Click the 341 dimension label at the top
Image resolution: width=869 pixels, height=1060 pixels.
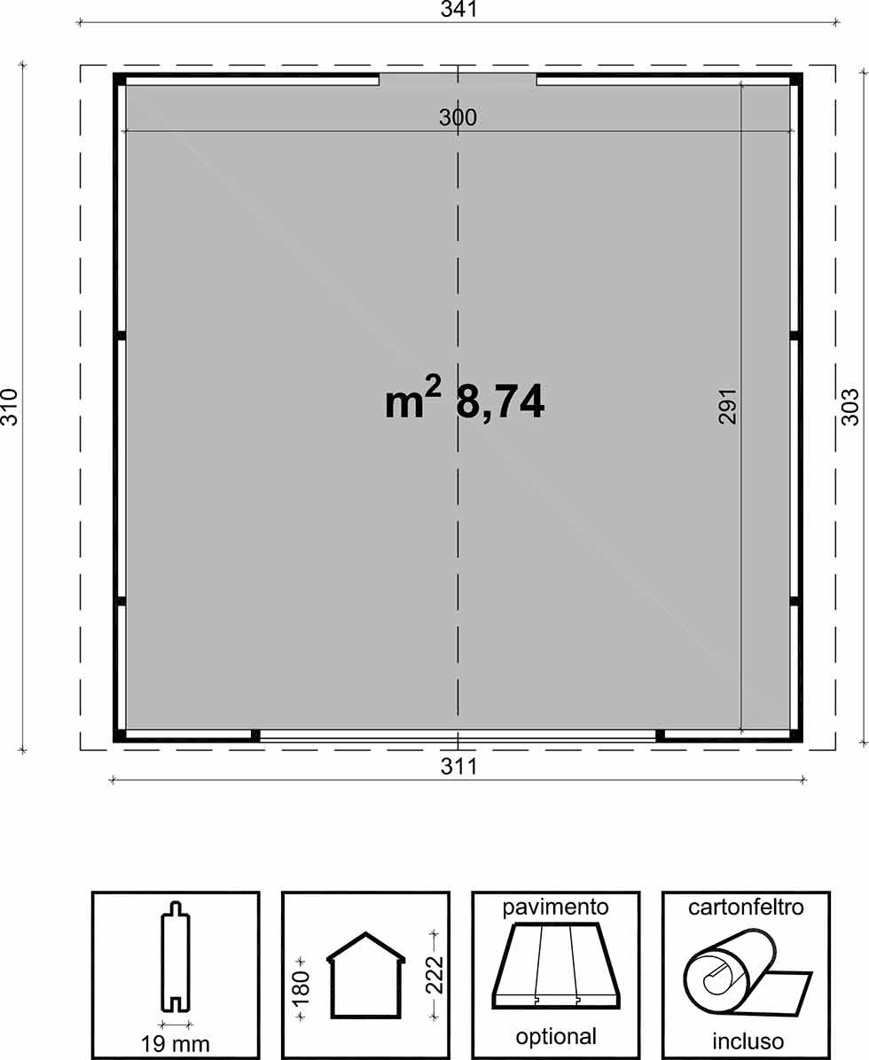tap(458, 9)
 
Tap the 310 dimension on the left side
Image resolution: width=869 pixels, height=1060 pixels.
tap(10, 406)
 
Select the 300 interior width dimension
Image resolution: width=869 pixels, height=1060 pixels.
tap(458, 117)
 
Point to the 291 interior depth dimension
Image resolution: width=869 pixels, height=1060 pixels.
tap(727, 405)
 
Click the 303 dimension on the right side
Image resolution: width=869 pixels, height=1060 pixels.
tap(849, 406)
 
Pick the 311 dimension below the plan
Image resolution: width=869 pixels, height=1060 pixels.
tap(458, 766)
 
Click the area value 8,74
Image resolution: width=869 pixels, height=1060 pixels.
tap(500, 401)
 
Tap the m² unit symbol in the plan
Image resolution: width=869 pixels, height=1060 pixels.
tap(412, 399)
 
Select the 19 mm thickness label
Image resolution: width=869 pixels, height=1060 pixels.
tap(176, 1043)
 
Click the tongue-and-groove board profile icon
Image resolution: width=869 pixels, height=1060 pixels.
tap(176, 956)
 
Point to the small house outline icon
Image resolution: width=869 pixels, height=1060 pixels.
tap(366, 976)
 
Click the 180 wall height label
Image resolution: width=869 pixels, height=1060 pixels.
tap(301, 986)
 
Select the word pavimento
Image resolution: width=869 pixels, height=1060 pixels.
tap(555, 908)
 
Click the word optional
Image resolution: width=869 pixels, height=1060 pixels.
tap(556, 1036)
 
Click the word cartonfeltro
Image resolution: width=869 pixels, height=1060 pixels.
tap(746, 907)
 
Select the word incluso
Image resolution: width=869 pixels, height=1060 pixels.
tap(748, 1041)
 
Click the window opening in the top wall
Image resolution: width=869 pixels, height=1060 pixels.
tap(458, 80)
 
